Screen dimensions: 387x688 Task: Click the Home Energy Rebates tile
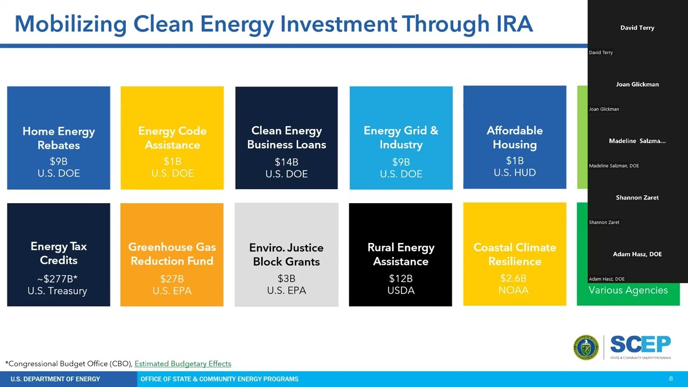59,138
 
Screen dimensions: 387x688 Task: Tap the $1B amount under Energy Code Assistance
172,161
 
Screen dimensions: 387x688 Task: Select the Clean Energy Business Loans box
286,138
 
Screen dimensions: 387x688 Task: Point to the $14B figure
286,162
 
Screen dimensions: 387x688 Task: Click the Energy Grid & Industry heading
401,138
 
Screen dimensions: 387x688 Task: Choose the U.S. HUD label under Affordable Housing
514,173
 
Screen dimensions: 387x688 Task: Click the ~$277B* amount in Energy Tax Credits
58,278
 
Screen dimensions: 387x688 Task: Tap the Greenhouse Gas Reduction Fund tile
172,254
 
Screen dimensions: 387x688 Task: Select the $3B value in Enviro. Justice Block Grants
286,278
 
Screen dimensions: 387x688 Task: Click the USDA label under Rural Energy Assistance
401,290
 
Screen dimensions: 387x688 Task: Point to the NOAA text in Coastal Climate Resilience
514,290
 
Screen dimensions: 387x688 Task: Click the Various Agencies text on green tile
628,290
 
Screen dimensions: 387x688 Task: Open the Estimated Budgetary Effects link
183,364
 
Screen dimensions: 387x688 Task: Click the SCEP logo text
640,345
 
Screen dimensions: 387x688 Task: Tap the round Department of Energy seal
586,348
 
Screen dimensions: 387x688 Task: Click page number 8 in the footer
671,379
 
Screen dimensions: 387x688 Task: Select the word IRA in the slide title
511,24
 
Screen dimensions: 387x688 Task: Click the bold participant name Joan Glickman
637,84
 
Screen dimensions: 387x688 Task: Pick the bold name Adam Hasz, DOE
637,254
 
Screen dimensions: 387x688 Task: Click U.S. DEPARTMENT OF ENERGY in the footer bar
55,379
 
